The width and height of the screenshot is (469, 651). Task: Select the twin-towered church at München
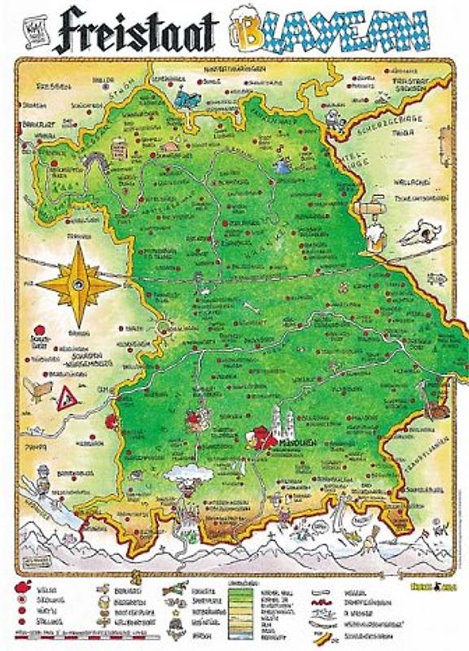(280, 422)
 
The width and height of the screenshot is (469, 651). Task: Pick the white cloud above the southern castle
(188, 473)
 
